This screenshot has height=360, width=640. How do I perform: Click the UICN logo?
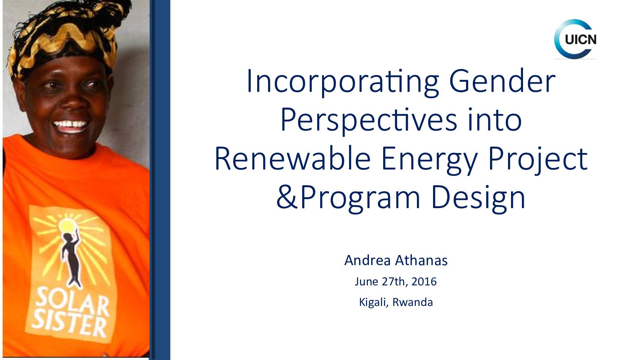575,39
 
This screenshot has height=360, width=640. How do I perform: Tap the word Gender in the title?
502,81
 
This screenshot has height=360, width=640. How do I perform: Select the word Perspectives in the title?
369,121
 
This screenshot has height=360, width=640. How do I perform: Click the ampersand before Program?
288,197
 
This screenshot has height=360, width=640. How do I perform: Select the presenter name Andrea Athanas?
396,260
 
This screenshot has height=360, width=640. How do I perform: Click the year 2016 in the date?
424,281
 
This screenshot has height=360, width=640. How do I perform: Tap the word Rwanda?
412,302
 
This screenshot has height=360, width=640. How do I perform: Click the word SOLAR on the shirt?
72,301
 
